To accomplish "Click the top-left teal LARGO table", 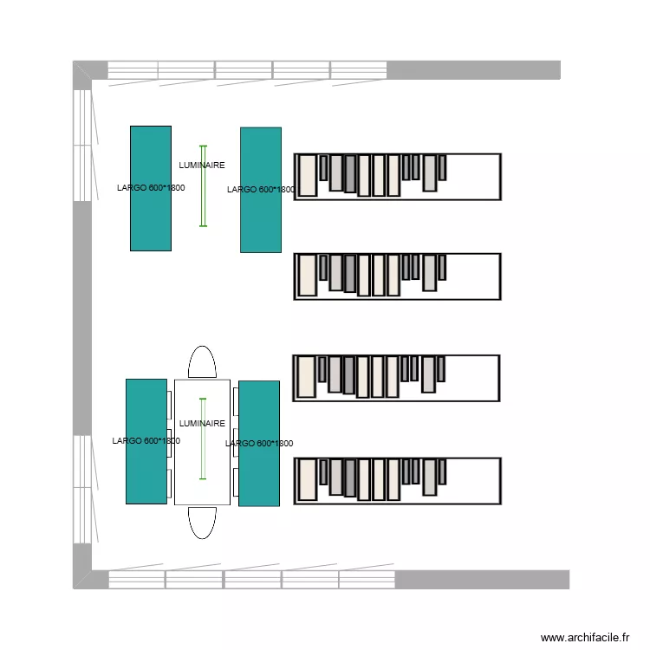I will click(x=150, y=217).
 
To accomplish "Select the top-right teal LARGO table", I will click(x=260, y=221).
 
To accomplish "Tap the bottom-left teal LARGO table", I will click(x=146, y=472).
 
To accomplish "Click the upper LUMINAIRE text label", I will click(x=201, y=165).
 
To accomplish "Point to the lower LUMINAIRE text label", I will click(x=201, y=424).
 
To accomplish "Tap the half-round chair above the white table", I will click(x=202, y=363).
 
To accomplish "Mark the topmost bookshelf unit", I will click(x=397, y=177).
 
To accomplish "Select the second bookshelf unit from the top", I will click(x=397, y=276).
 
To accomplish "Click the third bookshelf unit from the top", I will click(x=397, y=378).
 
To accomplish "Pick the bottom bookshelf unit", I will click(x=397, y=481).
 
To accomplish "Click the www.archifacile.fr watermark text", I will click(x=585, y=637).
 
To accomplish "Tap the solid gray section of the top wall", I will click(x=473, y=69).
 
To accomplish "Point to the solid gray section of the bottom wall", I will click(x=482, y=579).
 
